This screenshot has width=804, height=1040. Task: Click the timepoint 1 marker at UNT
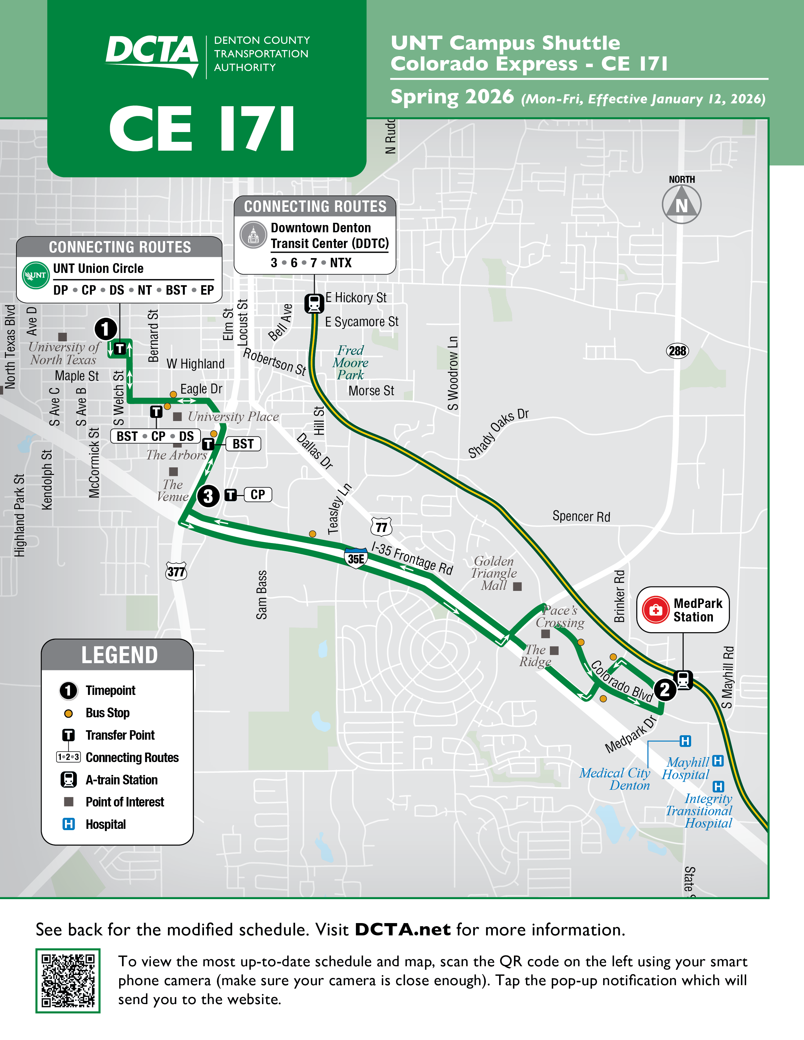106,329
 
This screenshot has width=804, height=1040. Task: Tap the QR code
68,980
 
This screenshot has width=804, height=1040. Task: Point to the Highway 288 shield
677,351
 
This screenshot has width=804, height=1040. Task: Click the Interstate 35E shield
356,558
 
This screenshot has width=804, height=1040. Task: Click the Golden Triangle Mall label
494,573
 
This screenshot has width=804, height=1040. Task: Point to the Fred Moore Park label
351,363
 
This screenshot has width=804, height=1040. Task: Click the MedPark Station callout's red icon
656,610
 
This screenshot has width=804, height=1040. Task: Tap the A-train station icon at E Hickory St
314,303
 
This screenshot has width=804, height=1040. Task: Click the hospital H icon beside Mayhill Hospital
718,760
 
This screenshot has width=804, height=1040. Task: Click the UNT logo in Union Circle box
36,275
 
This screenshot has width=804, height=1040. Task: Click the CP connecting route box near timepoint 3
258,495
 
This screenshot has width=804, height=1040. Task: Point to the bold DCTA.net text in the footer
403,929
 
